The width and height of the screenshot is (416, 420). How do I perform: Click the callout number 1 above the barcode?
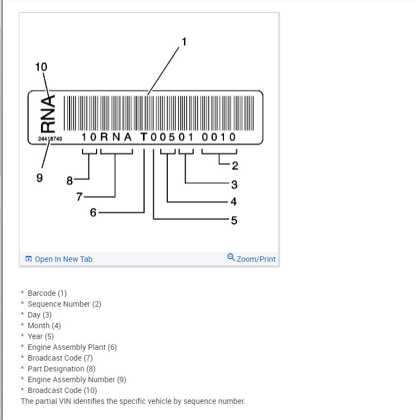point(183,42)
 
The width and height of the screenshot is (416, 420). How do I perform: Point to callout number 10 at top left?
point(41,67)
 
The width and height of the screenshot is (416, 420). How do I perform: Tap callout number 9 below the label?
point(39,178)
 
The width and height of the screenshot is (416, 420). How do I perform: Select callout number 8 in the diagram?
point(69,181)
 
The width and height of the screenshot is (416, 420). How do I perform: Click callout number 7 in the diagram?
point(79,197)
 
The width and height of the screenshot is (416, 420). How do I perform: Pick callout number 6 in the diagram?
point(93,213)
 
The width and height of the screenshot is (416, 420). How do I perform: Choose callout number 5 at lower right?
point(234,220)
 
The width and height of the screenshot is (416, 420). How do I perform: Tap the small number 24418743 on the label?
point(50,139)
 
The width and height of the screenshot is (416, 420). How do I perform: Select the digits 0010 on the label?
point(219,137)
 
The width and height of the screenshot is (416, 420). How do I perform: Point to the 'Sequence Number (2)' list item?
point(64,304)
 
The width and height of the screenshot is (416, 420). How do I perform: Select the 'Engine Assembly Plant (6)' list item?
point(72,347)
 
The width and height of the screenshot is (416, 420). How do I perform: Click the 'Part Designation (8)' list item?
point(61,369)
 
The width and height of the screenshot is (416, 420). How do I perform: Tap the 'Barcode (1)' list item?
point(47,293)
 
